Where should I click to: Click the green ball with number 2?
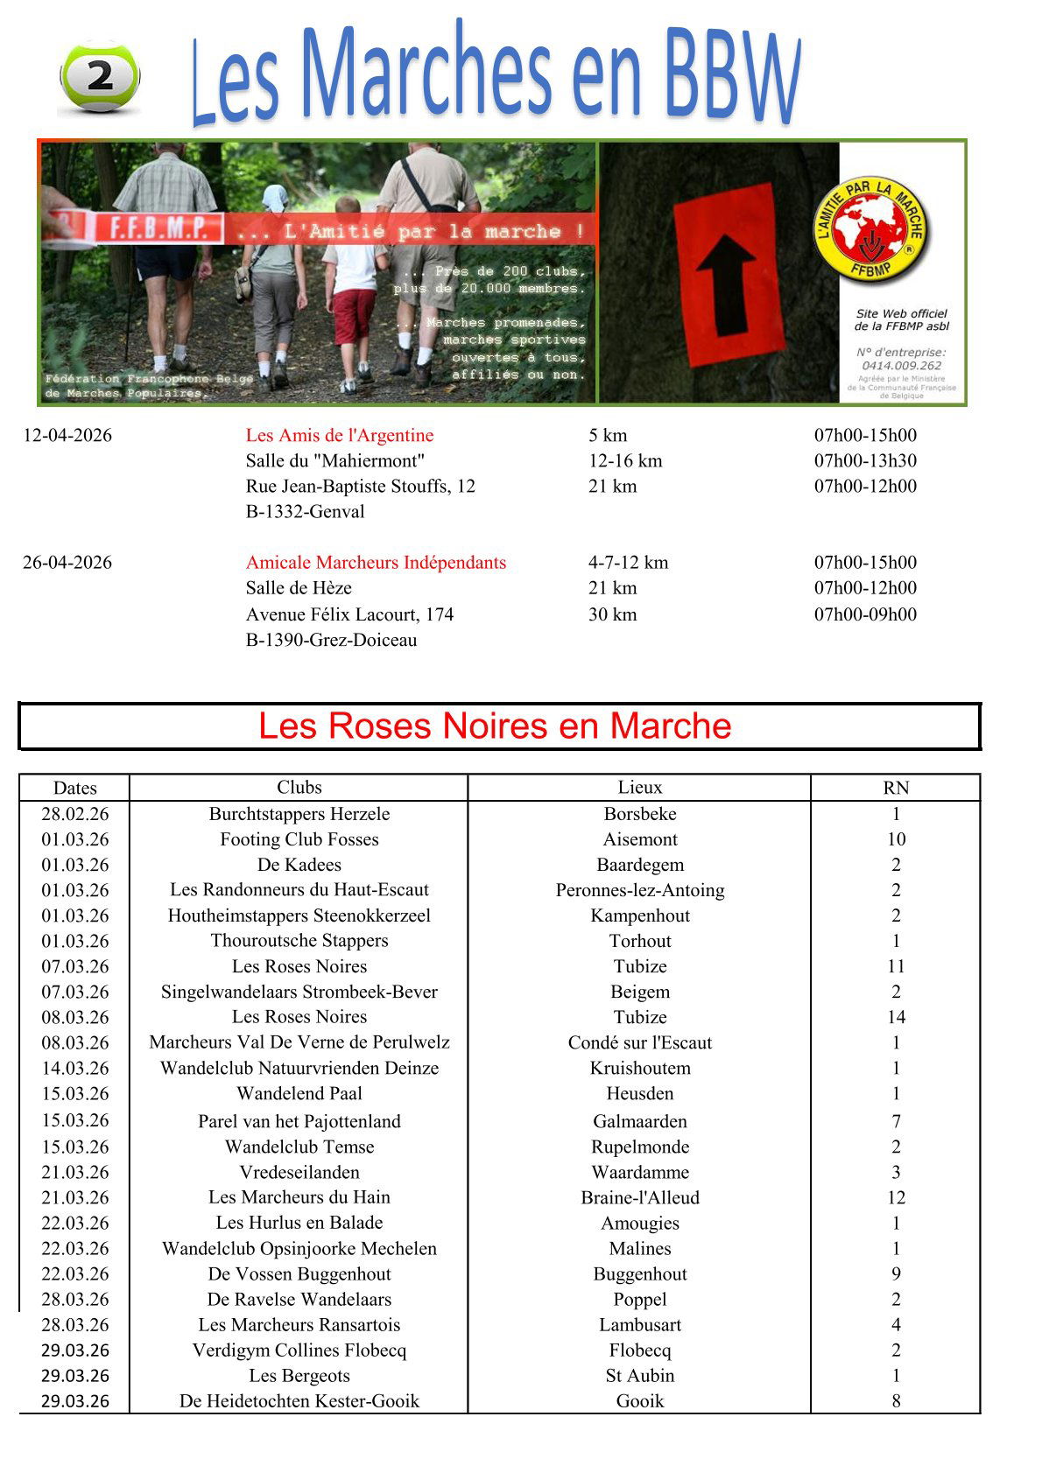(100, 77)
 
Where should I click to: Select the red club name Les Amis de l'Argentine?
(340, 435)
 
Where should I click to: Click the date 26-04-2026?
(67, 562)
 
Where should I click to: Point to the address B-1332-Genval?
(305, 511)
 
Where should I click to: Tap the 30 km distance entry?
(612, 614)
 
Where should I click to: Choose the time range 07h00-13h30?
(865, 460)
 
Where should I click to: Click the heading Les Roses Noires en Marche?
(495, 726)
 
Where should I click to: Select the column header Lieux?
(639, 787)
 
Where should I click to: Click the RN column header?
(896, 788)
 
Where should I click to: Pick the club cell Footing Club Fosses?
(299, 838)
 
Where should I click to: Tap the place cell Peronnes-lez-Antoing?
(639, 890)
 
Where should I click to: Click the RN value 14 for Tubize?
(896, 1017)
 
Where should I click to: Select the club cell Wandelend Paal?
(299, 1093)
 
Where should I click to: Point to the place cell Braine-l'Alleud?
(639, 1197)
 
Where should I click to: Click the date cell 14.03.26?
(75, 1068)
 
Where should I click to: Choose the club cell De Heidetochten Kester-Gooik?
(299, 1400)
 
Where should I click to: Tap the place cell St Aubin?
(639, 1375)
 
